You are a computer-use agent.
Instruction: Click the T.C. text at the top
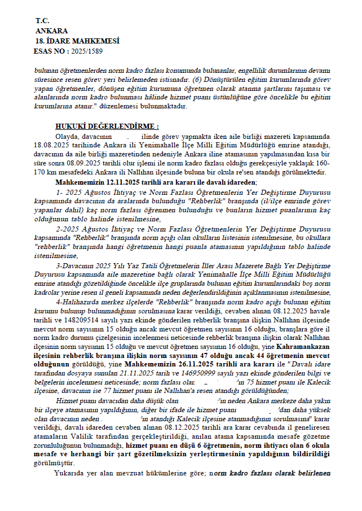[x=42, y=20]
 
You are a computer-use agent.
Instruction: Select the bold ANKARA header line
[x=51, y=30]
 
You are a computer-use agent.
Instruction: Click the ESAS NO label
[x=49, y=51]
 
